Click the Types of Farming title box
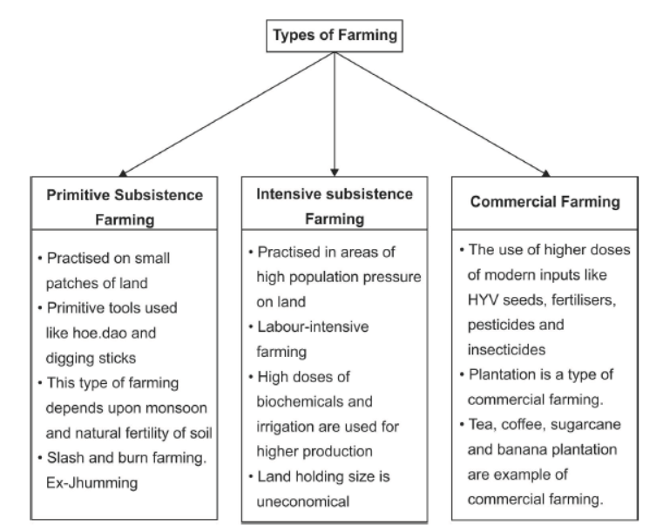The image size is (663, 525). [335, 36]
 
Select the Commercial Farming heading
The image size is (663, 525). [545, 202]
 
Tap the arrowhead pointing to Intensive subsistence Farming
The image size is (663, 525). [335, 172]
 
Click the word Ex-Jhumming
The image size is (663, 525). [91, 482]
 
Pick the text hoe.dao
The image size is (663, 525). [99, 333]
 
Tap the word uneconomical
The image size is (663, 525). [302, 501]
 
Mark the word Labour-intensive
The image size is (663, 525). [313, 326]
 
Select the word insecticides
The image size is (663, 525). [506, 350]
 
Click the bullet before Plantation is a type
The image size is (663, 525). [462, 375]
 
